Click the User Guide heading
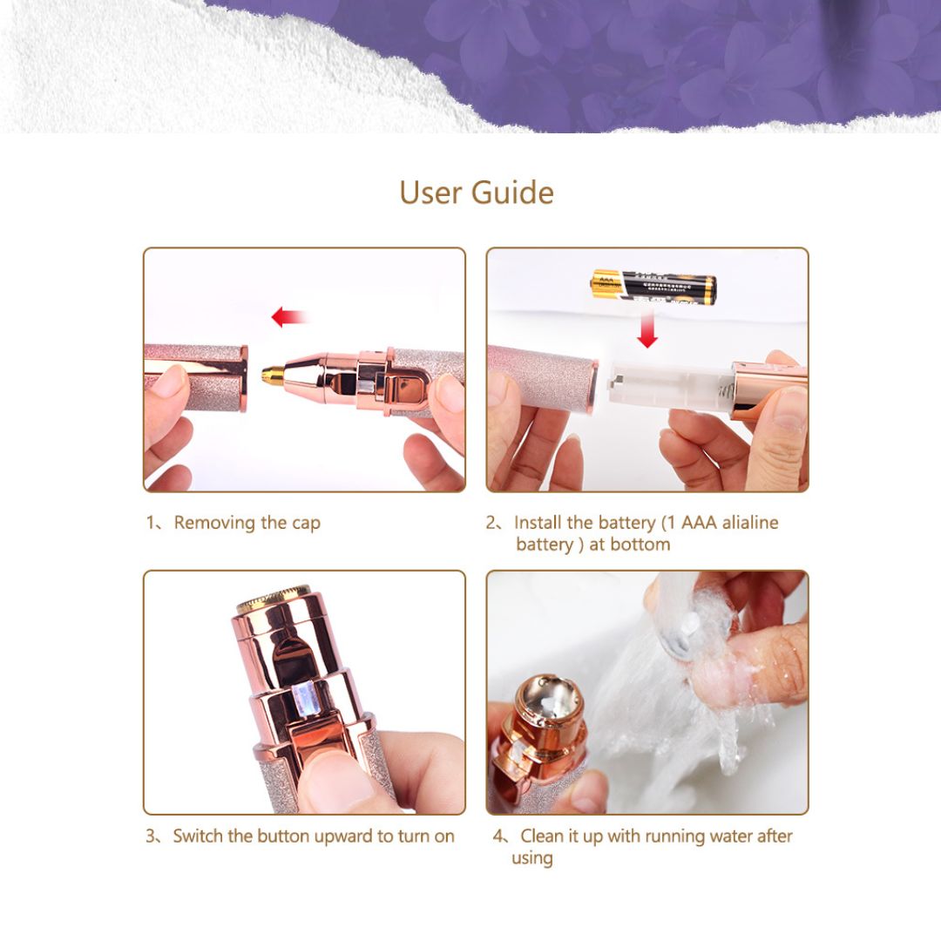point(476,193)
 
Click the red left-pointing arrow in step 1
point(288,317)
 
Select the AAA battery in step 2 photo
point(653,287)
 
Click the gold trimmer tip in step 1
point(274,375)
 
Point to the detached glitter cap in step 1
point(196,376)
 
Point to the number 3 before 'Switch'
point(151,836)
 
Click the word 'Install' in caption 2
point(538,523)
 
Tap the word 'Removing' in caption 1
point(215,523)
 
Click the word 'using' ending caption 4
point(531,858)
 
